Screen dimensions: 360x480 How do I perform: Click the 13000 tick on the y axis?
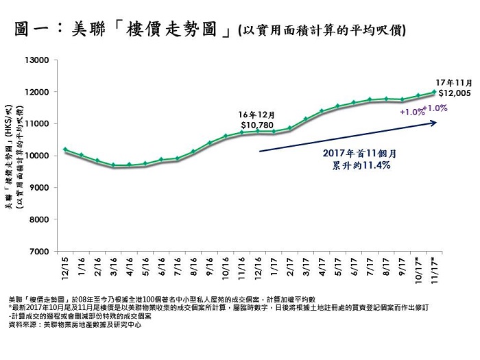pos(40,60)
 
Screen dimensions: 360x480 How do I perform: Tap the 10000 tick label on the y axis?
pos(40,156)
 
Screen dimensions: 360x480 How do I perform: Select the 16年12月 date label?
pos(255,114)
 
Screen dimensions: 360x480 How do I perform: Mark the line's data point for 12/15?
pos(65,149)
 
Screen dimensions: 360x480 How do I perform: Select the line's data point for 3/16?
pos(113,165)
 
